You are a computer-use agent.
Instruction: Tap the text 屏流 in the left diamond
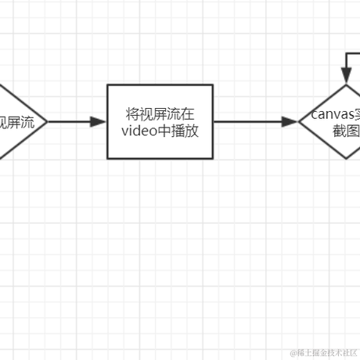pyautogui.click(x=22, y=121)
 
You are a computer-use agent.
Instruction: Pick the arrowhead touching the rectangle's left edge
pyautogui.click(x=99, y=122)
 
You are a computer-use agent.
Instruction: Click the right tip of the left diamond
pyautogui.click(x=47, y=122)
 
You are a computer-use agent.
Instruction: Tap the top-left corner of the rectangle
pyautogui.click(x=107, y=85)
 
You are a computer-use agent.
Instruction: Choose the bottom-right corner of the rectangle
pyautogui.click(x=213, y=159)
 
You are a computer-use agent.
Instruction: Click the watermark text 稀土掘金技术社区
pyautogui.click(x=327, y=353)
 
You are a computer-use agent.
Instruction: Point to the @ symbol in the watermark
pyautogui.click(x=292, y=353)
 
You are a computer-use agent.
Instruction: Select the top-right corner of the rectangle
pyautogui.click(x=213, y=85)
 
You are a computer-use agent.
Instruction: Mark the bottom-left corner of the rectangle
pyautogui.click(x=107, y=159)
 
